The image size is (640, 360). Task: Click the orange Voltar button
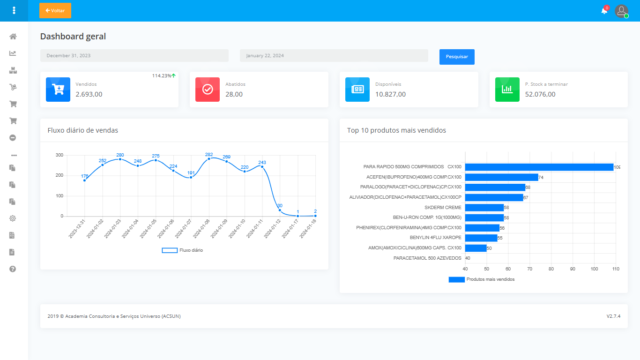[55, 10]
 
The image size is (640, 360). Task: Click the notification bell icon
[604, 11]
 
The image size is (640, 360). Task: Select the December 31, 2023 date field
[134, 55]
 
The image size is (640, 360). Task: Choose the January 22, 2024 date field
[334, 55]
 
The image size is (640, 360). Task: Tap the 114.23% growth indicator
[164, 75]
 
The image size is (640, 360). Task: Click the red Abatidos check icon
[208, 90]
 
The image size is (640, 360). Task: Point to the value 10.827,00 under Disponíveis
[390, 94]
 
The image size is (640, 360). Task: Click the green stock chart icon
[507, 90]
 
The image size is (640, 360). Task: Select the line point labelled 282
[209, 159]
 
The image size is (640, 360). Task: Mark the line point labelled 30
[280, 210]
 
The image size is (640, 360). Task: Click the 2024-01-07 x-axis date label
[183, 228]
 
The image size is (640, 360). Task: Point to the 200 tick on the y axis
[59, 175]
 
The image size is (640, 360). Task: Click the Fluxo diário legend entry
[183, 250]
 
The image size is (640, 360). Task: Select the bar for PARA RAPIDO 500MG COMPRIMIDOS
[539, 167]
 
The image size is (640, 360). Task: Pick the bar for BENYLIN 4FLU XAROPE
[481, 238]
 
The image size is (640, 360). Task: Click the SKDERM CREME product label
[443, 207]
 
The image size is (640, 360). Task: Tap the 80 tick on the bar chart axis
[551, 269]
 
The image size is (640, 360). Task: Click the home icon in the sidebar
[13, 37]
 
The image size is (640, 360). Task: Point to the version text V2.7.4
[613, 316]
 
